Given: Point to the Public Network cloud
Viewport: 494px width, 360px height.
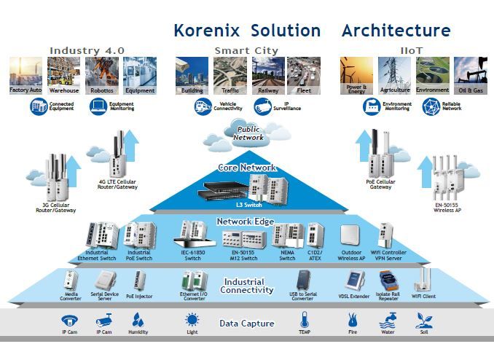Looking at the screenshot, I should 248,133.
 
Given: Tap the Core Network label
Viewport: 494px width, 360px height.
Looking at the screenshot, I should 248,168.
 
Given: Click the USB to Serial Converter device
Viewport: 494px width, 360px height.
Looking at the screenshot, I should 303,281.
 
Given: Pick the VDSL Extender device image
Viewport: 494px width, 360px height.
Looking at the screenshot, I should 355,281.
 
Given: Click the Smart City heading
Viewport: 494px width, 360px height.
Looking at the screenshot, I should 247,50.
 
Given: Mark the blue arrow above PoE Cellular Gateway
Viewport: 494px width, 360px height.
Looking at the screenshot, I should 365,141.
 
